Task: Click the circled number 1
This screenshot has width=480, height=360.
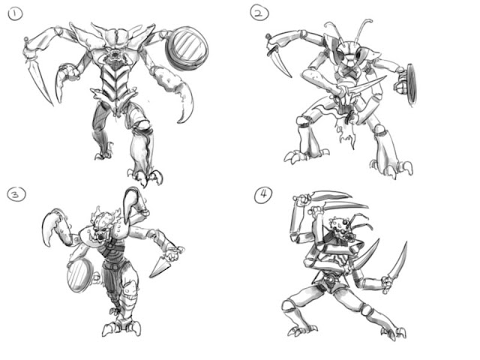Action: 15,13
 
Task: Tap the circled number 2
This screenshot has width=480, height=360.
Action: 259,13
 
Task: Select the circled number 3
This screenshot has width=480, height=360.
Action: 16,194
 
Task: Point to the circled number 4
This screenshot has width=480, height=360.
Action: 263,195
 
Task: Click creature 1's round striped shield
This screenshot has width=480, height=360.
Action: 187,46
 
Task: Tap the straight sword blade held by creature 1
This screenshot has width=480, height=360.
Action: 39,81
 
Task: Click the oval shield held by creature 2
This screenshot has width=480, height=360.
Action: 412,83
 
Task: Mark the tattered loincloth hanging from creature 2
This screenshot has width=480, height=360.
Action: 346,128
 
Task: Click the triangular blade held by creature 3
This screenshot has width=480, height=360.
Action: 160,265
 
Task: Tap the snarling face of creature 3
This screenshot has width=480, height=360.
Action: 101,228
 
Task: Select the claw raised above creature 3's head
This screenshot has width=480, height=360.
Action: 131,202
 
